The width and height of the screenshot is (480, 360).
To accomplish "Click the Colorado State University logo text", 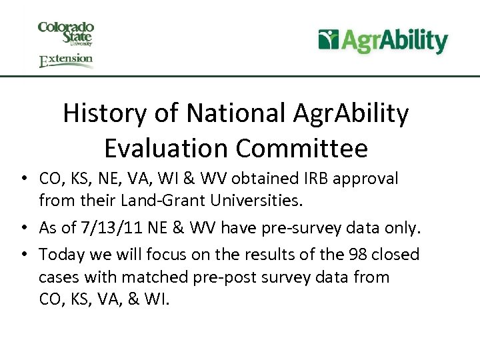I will click(x=65, y=33).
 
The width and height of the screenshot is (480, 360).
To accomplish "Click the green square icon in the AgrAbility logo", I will click(x=329, y=40).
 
